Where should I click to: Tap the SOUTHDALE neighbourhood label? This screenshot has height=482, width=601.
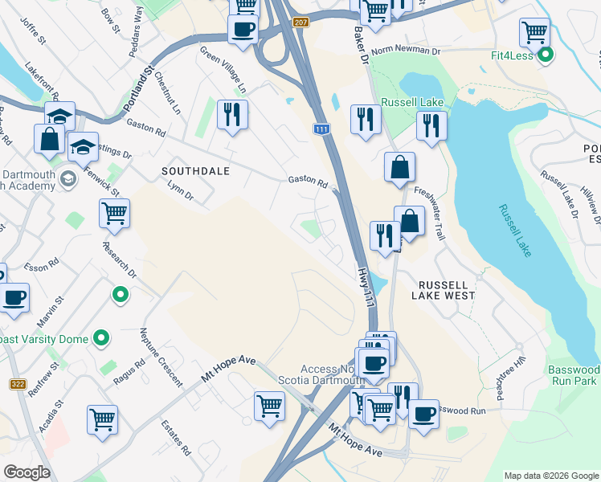tap(195, 171)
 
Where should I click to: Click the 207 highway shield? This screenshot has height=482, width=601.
tap(300, 22)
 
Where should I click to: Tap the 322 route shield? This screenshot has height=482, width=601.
tap(18, 384)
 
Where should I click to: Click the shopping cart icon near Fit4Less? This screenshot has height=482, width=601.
tap(534, 33)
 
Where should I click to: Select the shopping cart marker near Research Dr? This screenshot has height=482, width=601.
tap(114, 214)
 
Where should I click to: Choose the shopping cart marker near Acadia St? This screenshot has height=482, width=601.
tap(102, 419)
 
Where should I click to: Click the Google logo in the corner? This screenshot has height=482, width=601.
tap(27, 472)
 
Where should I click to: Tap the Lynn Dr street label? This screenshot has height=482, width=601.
tap(180, 190)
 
